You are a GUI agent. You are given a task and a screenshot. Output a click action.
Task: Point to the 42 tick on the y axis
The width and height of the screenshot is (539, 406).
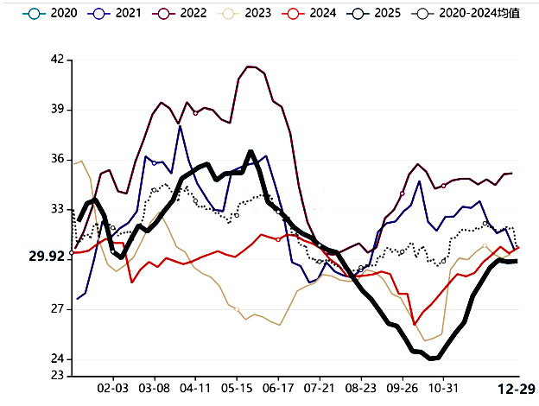pos(57,60)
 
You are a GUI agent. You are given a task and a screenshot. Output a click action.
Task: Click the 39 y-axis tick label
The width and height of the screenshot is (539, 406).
pos(57,110)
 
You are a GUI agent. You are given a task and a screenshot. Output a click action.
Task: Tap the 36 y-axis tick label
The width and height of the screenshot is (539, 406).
pos(57,160)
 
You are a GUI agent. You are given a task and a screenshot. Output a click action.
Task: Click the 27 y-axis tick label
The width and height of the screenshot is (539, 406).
pos(57,309)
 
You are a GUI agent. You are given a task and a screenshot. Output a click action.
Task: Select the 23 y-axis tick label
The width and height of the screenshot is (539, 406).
pos(57,376)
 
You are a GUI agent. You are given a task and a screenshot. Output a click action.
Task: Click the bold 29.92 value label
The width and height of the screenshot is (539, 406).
pos(47,257)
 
